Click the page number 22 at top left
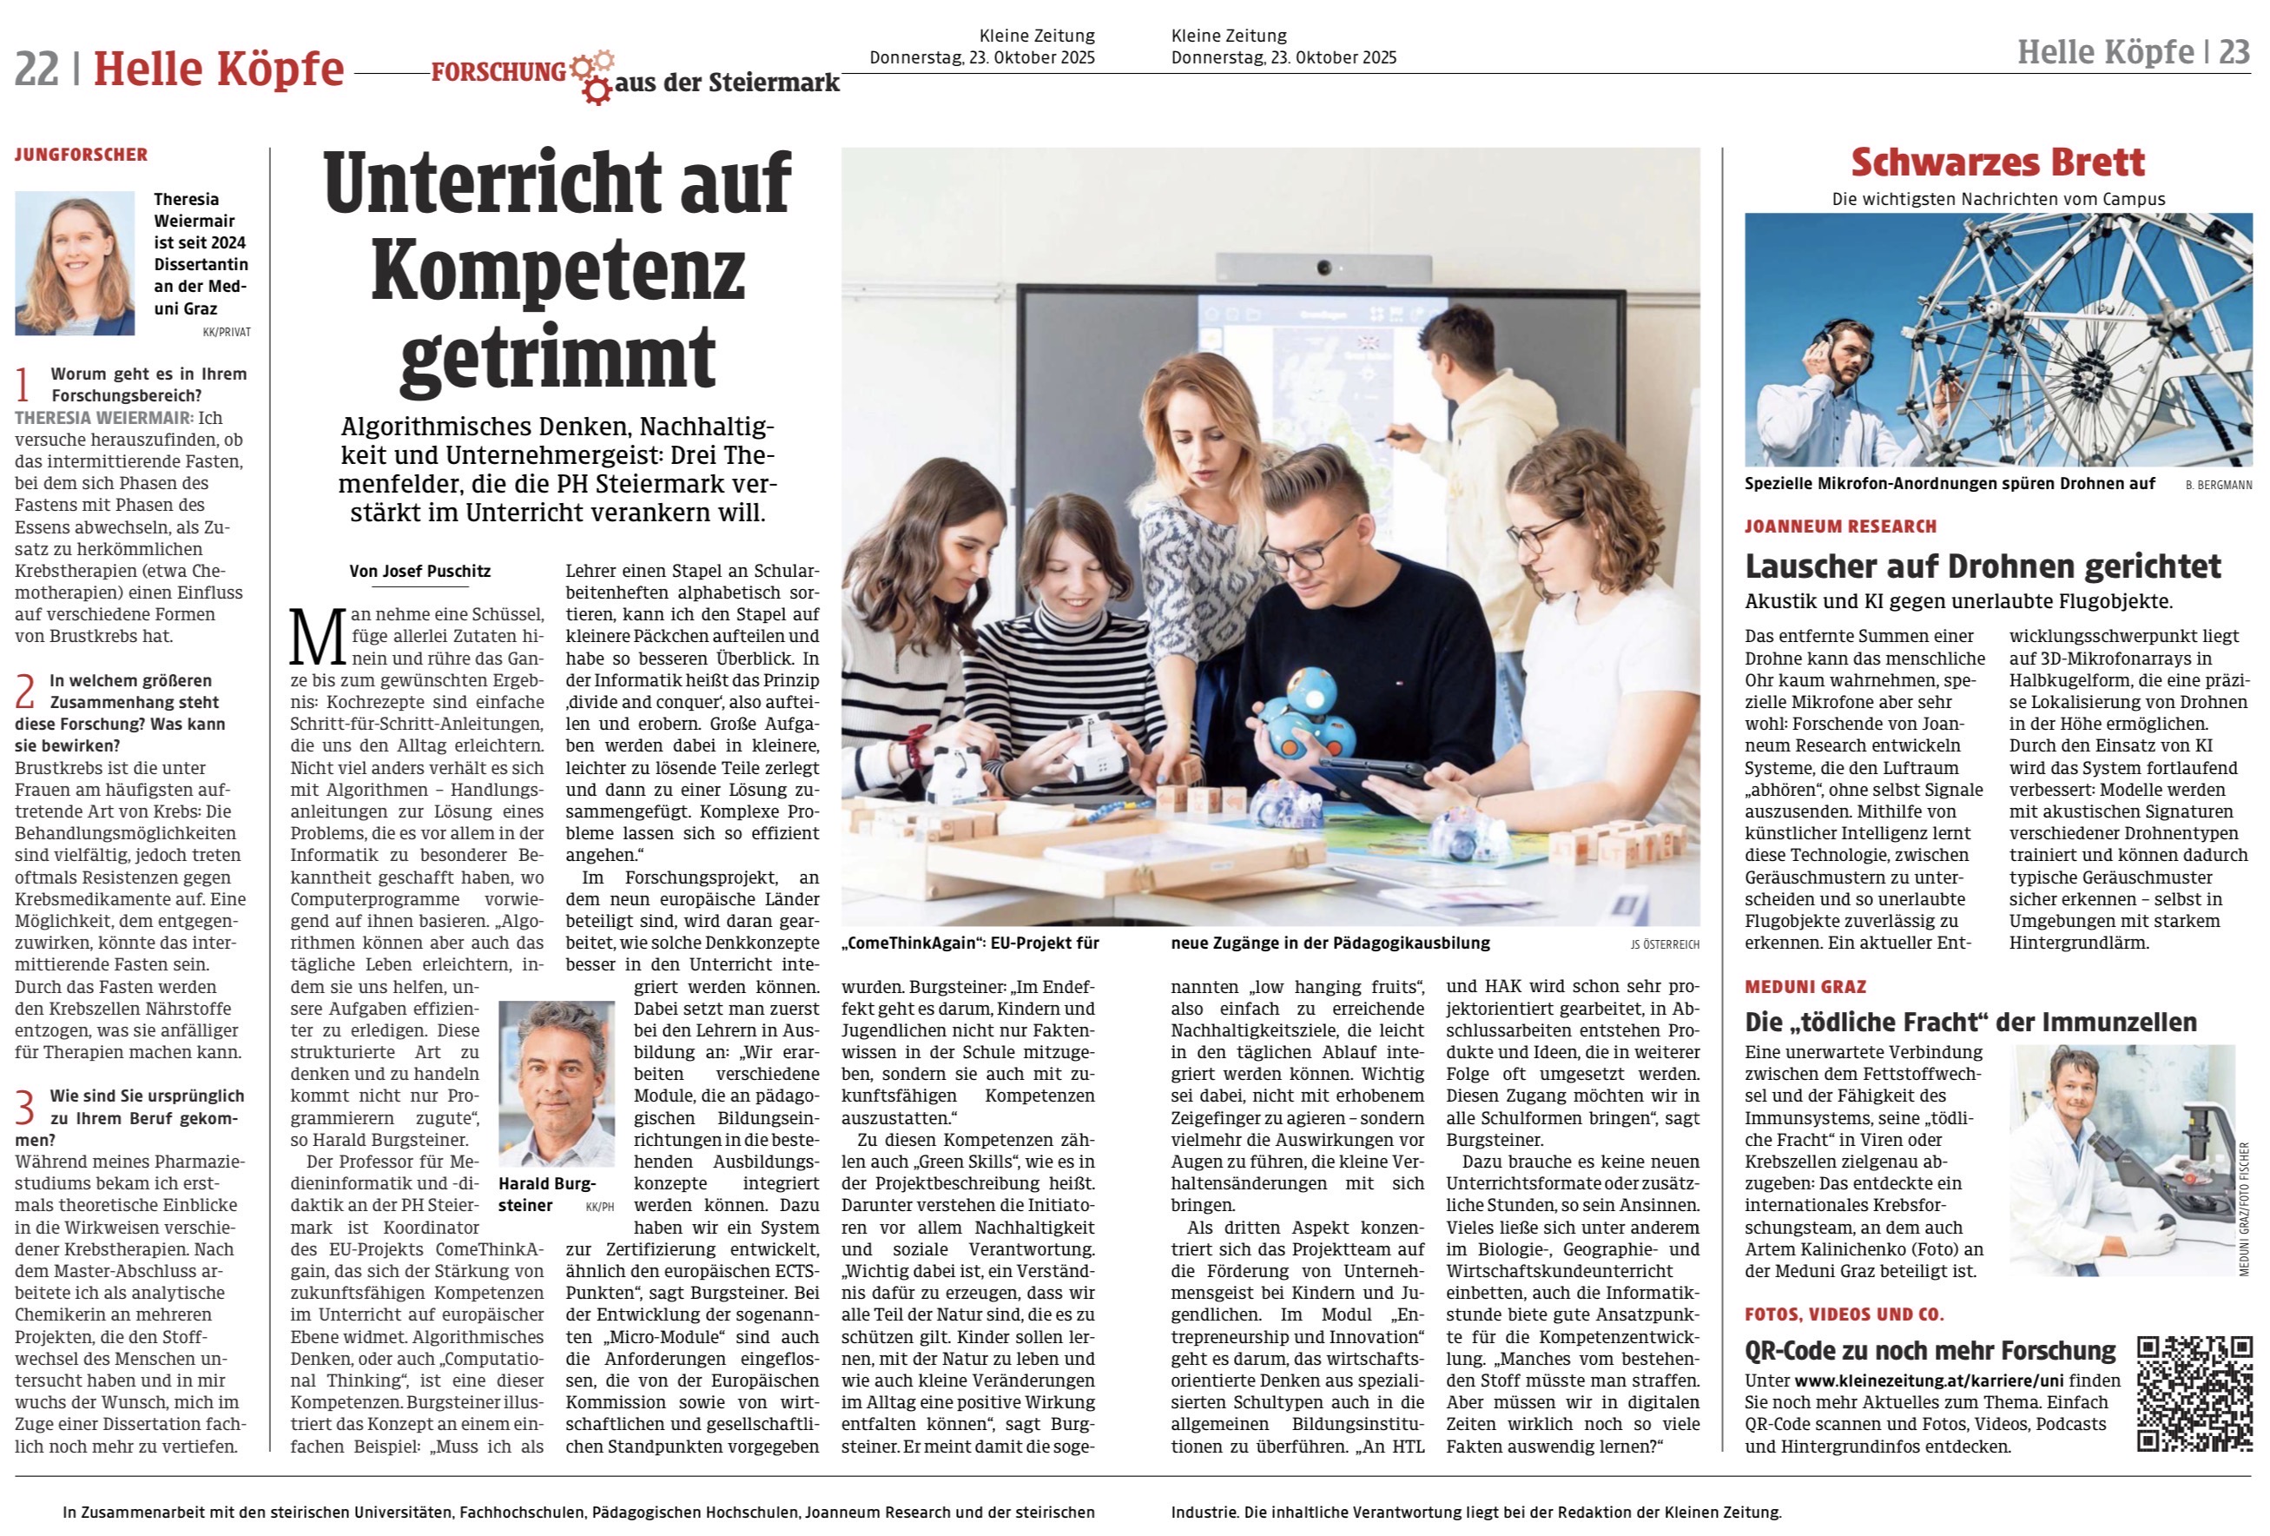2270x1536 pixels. [x=36, y=70]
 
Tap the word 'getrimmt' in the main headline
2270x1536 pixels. [x=558, y=359]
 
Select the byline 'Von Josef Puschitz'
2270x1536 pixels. [x=420, y=572]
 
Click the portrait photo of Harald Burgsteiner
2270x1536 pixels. [x=556, y=1083]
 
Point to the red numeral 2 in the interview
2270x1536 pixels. [x=24, y=692]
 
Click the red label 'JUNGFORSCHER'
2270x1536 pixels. [x=81, y=155]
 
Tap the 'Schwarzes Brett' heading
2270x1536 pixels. [x=1997, y=162]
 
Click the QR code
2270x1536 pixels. [x=2194, y=1394]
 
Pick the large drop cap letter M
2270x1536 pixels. [x=318, y=637]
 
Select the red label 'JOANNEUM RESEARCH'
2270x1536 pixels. [x=1840, y=526]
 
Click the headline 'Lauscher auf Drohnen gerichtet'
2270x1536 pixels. [x=1983, y=566]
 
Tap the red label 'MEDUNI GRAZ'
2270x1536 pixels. [x=1805, y=987]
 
